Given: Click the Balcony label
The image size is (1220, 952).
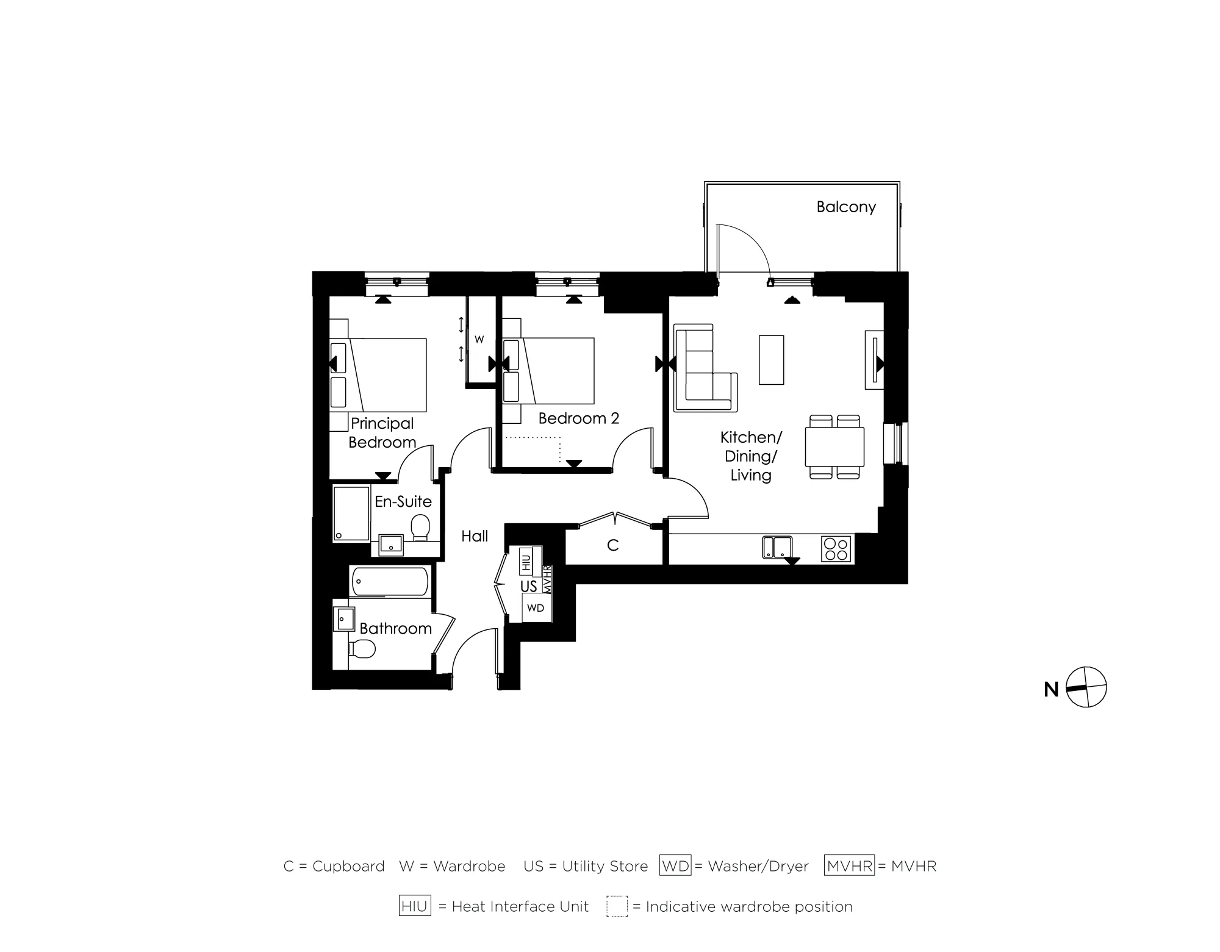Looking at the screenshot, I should coord(846,207).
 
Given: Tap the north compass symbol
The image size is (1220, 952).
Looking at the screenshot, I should coord(1086,687).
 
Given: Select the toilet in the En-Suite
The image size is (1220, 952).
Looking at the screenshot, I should coord(420,528).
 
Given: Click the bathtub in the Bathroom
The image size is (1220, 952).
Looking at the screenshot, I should coord(389,581).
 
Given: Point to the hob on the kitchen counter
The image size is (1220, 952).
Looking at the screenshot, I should coord(836,548).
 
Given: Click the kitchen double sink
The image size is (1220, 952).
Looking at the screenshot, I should coord(777,547).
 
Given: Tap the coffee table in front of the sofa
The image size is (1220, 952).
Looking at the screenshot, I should coord(771,360).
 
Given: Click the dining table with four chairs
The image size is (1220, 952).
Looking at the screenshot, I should coord(834,447).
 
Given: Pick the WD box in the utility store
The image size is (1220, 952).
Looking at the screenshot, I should coord(536,608).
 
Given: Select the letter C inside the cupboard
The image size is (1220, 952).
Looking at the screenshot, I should coord(613,545).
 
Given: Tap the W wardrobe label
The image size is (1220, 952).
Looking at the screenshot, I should coord(479,340).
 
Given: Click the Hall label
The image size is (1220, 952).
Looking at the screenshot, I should coord(475,536).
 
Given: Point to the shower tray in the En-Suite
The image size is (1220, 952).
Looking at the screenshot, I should coord(351,513).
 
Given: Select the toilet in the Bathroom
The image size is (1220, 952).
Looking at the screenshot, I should coord(362,650).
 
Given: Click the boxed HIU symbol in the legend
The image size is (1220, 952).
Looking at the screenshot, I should coord(415,906).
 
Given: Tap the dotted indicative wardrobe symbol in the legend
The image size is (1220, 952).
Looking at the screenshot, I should coord(617,906).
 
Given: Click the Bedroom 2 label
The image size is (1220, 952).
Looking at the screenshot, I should coord(578,418).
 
